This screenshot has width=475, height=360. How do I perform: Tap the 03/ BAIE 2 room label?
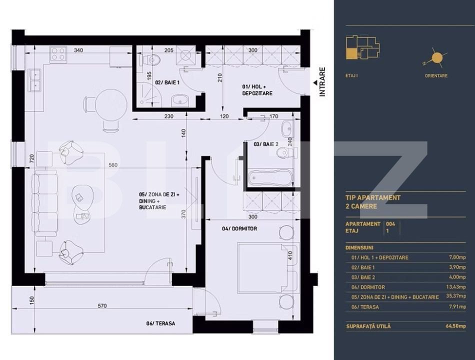[265, 144]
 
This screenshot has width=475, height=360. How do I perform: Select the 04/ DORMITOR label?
[239, 228]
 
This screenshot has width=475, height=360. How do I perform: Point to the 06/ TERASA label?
[160, 323]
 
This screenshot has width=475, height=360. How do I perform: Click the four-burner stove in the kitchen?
[58, 53]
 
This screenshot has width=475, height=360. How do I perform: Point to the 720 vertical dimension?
[32, 159]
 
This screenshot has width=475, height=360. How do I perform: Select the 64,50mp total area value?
[455, 326]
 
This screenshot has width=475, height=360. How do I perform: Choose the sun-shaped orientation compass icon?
[436, 58]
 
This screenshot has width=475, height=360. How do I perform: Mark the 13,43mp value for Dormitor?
[455, 287]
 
